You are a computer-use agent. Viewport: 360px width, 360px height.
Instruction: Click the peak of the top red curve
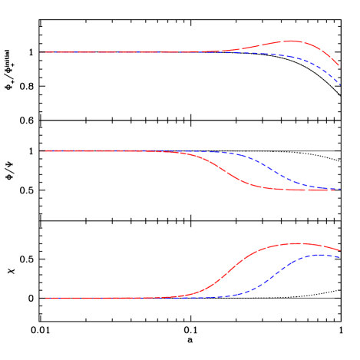pos(292,41)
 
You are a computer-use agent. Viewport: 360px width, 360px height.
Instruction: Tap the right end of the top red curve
pos(339,65)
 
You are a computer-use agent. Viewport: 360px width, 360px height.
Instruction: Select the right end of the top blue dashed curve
pos(339,84)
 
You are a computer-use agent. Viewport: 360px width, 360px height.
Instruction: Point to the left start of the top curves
pos(41,52)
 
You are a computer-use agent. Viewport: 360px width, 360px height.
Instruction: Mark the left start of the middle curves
pos(41,150)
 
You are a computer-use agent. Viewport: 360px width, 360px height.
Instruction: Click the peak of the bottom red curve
pos(295,243)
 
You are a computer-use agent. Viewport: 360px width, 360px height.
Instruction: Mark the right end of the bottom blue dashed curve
pos(340,256)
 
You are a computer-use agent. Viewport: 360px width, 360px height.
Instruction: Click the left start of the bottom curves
pos(41,298)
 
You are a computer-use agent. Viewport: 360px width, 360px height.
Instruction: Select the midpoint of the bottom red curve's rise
pos(227,272)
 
